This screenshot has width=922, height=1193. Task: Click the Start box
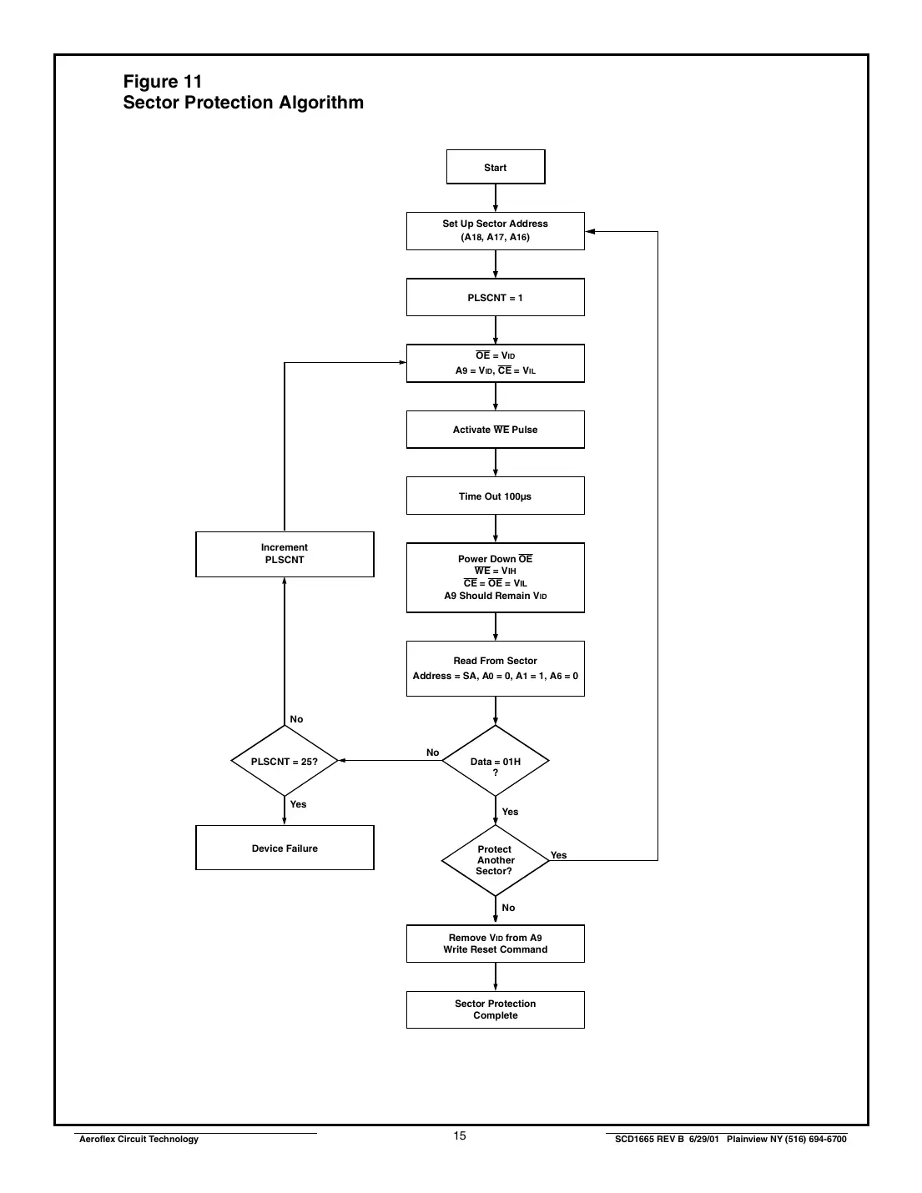(496, 167)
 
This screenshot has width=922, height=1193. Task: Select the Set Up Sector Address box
(496, 230)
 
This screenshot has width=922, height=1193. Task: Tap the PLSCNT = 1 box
(496, 298)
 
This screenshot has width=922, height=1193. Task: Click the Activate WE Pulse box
(496, 430)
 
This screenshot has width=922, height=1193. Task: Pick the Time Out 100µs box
(496, 496)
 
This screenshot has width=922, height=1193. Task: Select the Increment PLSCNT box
(285, 554)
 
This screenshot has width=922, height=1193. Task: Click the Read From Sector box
(496, 668)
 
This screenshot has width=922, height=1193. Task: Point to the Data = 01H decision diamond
(496, 762)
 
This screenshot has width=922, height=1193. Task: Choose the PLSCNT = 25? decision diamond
(285, 762)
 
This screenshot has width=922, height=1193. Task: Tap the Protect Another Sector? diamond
(496, 860)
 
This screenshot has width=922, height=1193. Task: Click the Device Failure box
(285, 848)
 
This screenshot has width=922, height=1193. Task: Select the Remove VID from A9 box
(496, 944)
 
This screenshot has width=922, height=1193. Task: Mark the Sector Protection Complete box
(496, 1009)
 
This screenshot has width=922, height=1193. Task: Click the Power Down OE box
(496, 577)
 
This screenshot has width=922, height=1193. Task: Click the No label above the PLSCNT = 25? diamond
(296, 719)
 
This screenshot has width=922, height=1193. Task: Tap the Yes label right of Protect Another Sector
(559, 855)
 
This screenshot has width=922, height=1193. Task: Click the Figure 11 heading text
(163, 82)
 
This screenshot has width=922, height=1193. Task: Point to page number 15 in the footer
(460, 1136)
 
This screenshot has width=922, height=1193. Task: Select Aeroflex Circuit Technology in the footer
(139, 1140)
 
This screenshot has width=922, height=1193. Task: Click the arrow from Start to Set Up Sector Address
(496, 198)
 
